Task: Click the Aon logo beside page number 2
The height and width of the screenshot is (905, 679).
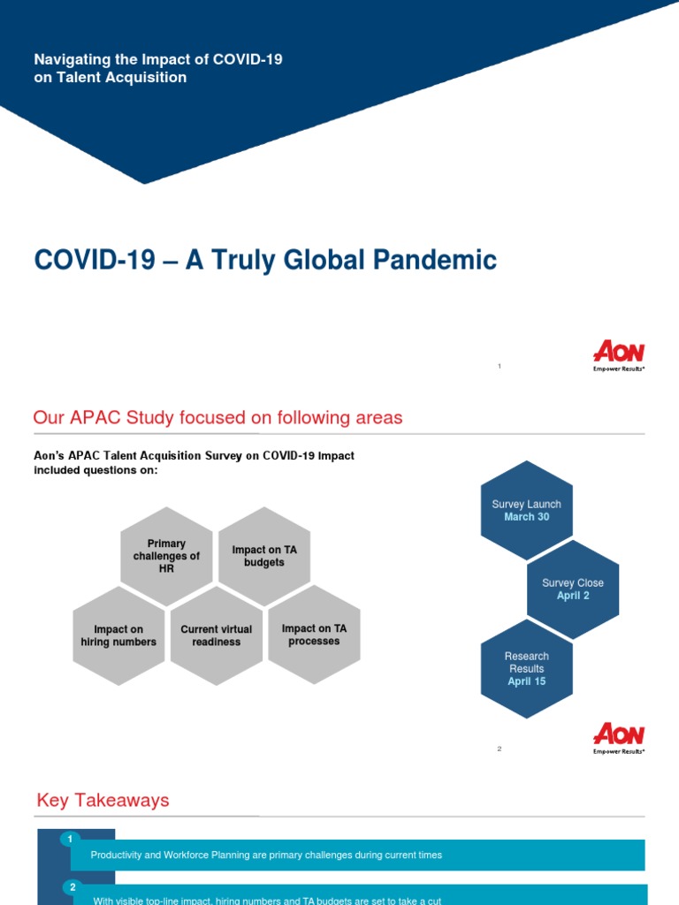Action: (618, 737)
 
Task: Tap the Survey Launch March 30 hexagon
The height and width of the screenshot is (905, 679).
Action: (526, 510)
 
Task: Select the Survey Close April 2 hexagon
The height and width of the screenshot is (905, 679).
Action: (573, 589)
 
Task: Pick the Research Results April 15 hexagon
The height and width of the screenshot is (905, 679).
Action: (526, 669)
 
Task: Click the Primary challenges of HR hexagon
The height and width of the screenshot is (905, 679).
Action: (166, 556)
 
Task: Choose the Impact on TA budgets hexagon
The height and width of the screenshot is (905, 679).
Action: (264, 556)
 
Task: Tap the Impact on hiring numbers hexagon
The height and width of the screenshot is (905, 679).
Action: (118, 635)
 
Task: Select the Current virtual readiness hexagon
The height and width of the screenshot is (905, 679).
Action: (216, 635)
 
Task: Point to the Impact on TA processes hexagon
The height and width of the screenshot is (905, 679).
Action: (314, 635)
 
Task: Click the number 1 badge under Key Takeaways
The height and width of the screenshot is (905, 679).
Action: (71, 839)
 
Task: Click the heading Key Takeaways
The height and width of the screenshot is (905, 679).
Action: (103, 801)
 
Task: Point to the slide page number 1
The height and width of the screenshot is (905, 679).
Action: (500, 366)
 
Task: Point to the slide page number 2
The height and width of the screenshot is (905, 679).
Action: (500, 749)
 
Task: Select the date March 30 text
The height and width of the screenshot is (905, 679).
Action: (526, 517)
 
